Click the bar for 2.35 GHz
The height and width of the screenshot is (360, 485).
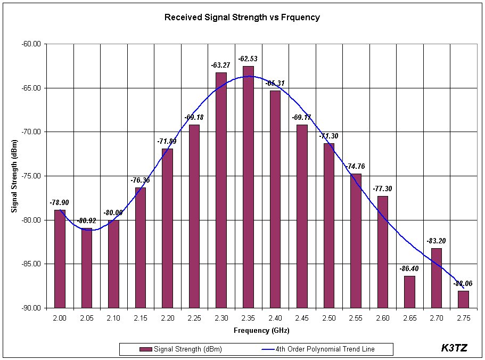(x=248, y=186)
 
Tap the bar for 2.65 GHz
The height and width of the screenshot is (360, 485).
(x=409, y=291)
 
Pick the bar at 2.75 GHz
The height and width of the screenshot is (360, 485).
(x=463, y=299)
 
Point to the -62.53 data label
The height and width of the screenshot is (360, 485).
(x=248, y=58)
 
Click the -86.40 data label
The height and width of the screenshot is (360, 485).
(x=409, y=269)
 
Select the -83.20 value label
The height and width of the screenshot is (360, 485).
(x=436, y=241)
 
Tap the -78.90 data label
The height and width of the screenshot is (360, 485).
(x=60, y=202)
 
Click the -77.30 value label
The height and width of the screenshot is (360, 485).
(x=382, y=189)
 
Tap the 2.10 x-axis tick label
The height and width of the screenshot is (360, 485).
(x=113, y=318)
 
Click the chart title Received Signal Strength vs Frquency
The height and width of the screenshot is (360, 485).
(x=242, y=17)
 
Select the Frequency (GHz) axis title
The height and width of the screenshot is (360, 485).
(x=261, y=330)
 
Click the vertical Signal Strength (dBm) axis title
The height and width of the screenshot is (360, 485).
(x=14, y=176)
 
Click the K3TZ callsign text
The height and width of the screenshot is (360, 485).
(x=454, y=348)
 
